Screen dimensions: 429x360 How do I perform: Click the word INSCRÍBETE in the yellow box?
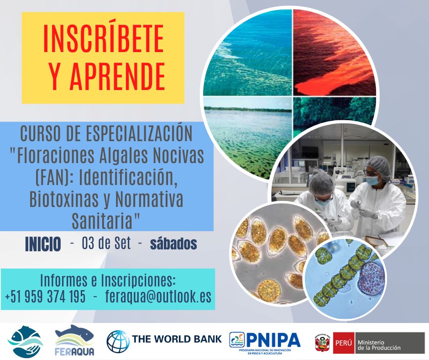coord(104,39)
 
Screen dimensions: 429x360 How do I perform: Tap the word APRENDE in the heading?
coord(118,76)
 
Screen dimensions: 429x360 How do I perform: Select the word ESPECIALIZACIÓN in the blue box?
coord(139,133)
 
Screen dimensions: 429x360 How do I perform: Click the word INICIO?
coord(43,244)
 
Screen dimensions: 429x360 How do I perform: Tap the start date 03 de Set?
coord(106,244)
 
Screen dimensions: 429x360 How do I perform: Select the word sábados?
coord(173,244)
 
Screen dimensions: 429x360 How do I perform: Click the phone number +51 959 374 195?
coord(45,296)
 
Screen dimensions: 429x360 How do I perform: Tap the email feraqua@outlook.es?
coord(158,296)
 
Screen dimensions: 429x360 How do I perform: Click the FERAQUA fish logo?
coord(74,340)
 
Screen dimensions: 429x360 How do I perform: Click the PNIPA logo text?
coord(273,340)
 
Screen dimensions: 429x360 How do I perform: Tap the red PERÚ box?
coord(344,343)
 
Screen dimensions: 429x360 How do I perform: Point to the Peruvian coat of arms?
coord(323,343)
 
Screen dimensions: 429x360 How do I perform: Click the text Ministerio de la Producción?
coord(379,345)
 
